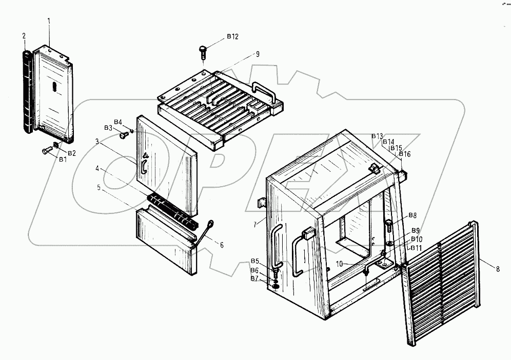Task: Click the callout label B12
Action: (232, 37)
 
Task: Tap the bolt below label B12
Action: (202, 51)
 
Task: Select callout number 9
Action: (258, 54)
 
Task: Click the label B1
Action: (63, 159)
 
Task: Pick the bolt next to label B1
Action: (46, 151)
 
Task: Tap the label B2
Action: (72, 153)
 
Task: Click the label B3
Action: (108, 128)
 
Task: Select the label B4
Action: (118, 122)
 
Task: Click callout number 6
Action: (222, 245)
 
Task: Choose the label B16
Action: (405, 154)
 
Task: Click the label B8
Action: (412, 215)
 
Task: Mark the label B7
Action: (254, 278)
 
